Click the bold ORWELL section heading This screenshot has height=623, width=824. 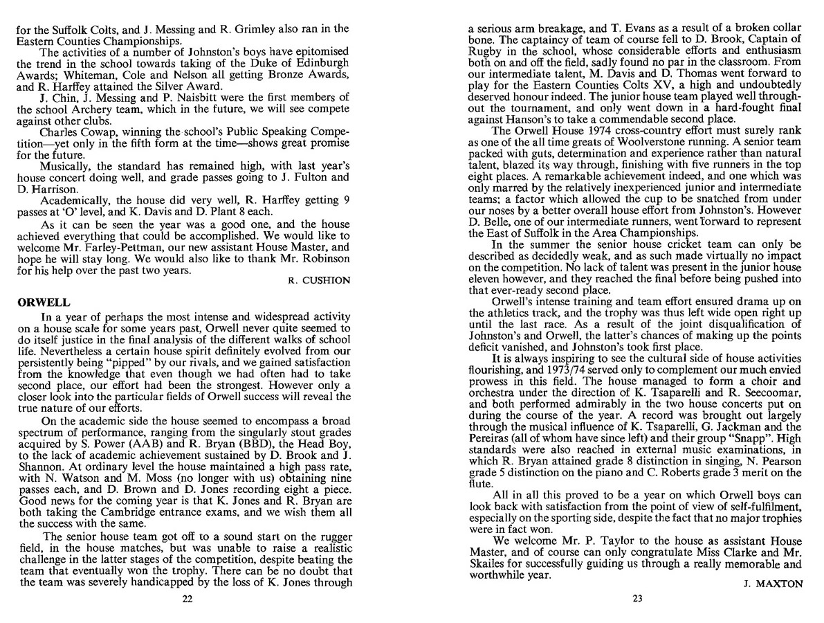(x=37, y=303)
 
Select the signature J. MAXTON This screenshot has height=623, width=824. (x=773, y=584)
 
